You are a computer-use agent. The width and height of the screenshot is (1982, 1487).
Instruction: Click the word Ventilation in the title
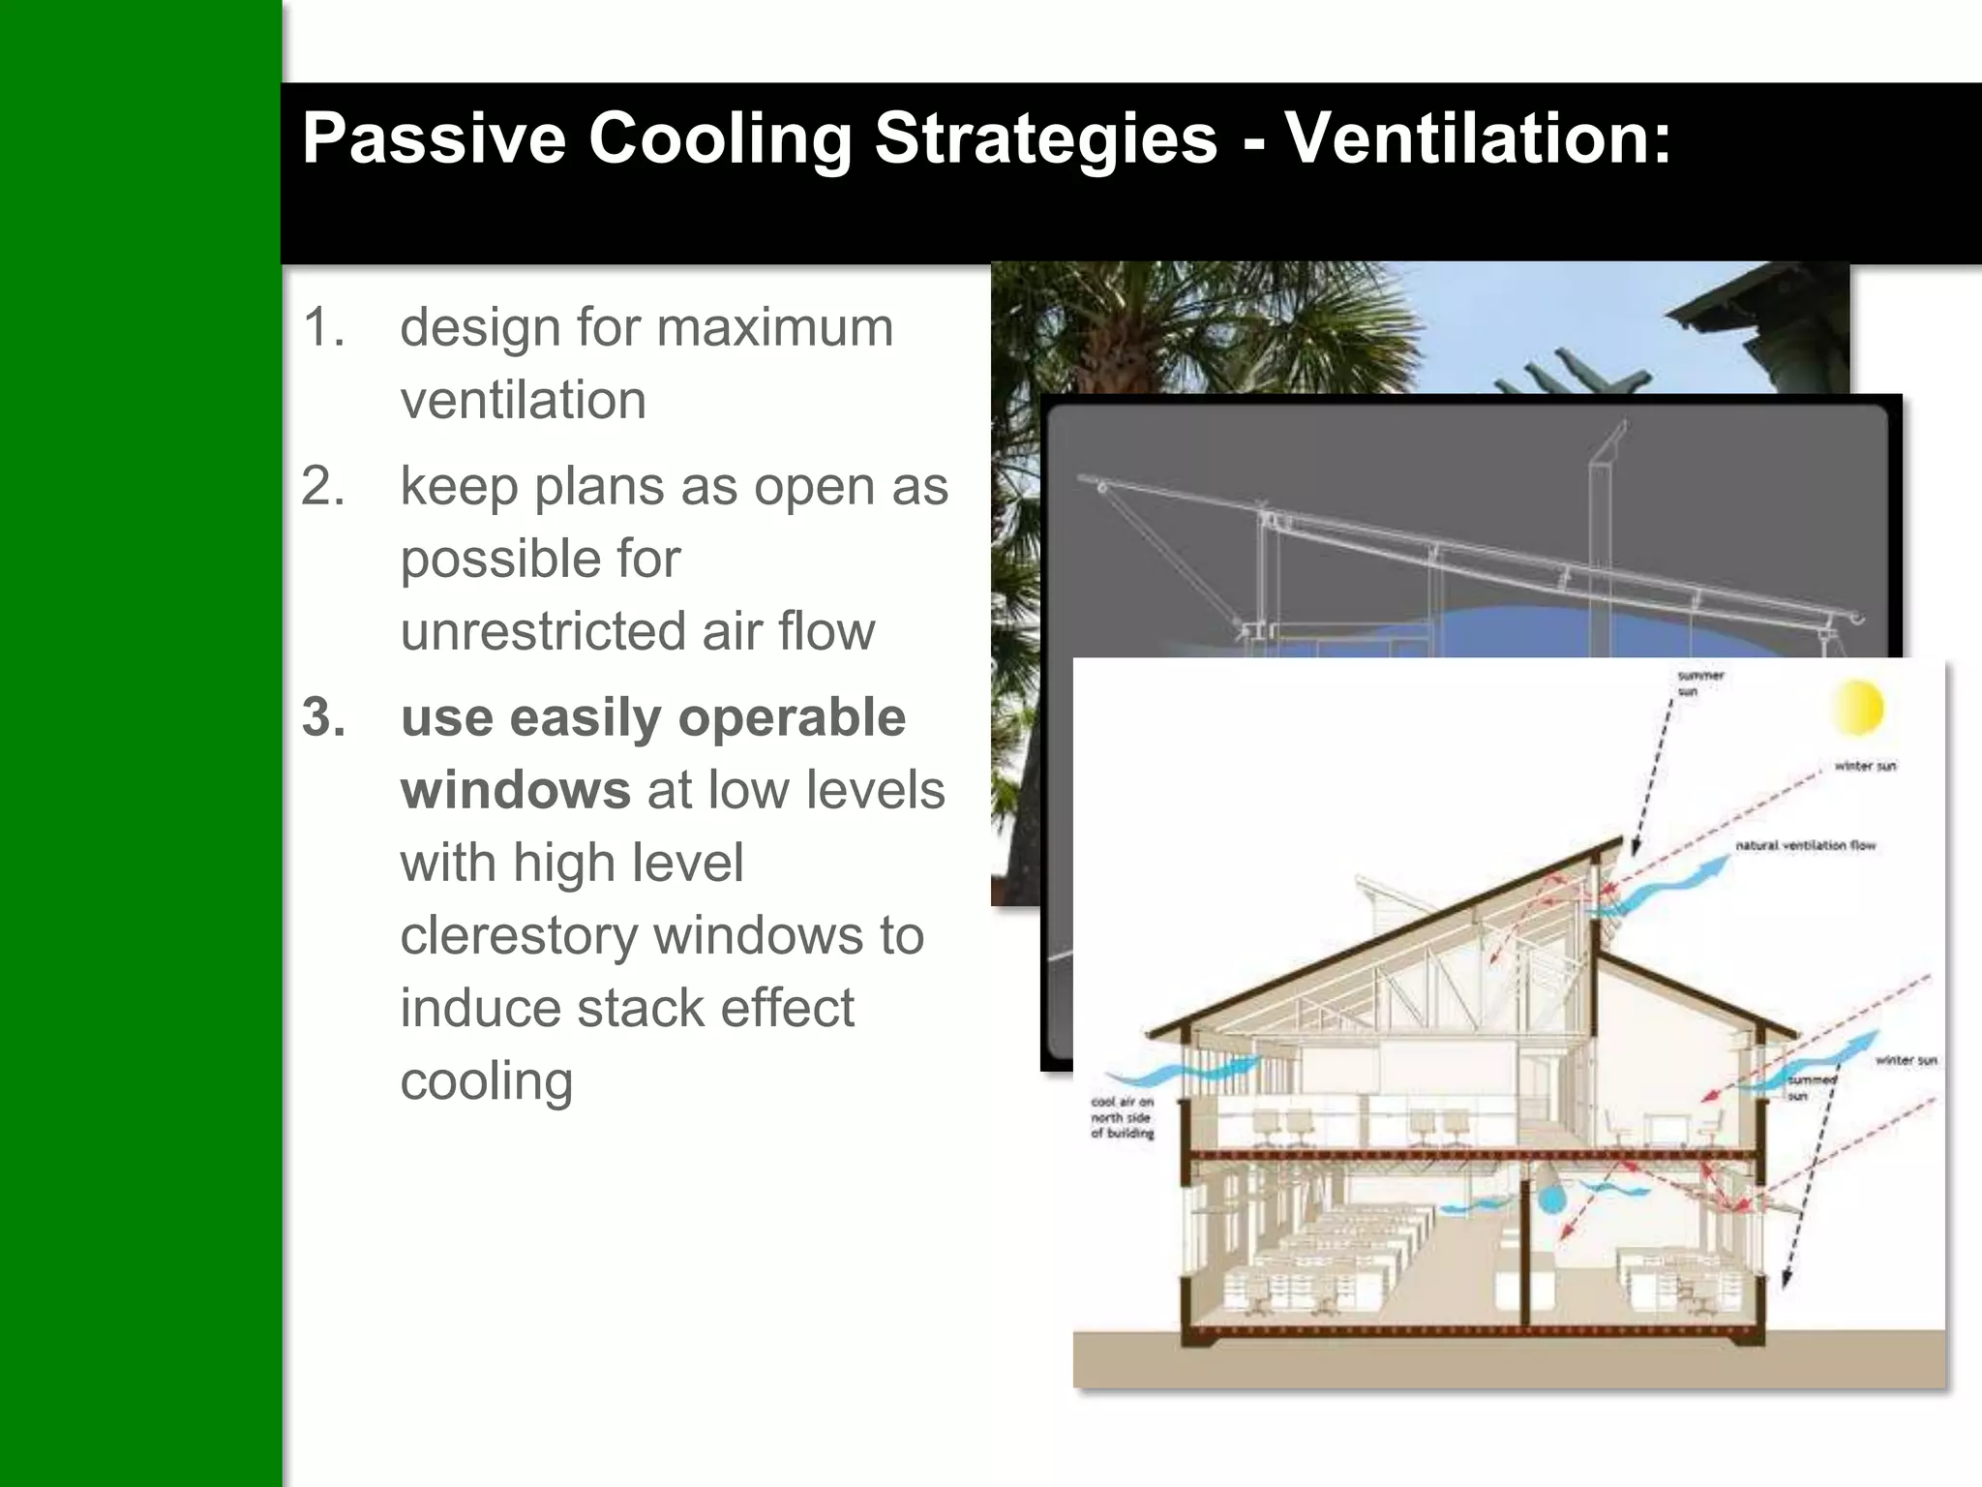[1477, 137]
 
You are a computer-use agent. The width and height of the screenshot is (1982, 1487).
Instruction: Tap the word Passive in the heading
[433, 137]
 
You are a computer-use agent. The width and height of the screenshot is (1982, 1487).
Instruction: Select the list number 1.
[322, 327]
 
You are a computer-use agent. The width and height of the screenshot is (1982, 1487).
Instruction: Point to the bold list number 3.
[323, 717]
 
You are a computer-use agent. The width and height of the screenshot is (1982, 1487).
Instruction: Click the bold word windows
[516, 790]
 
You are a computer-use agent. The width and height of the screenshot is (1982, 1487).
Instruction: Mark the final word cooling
[487, 1080]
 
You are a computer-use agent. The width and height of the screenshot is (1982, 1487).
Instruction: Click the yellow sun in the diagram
[1857, 707]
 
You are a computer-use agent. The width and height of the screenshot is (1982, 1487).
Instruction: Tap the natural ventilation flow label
[1805, 845]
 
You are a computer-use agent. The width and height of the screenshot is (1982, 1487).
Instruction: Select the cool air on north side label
[1122, 1117]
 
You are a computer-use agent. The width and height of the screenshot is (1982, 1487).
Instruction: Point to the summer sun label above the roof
[1699, 683]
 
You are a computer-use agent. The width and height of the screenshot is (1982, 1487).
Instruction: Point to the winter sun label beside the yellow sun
[1865, 766]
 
